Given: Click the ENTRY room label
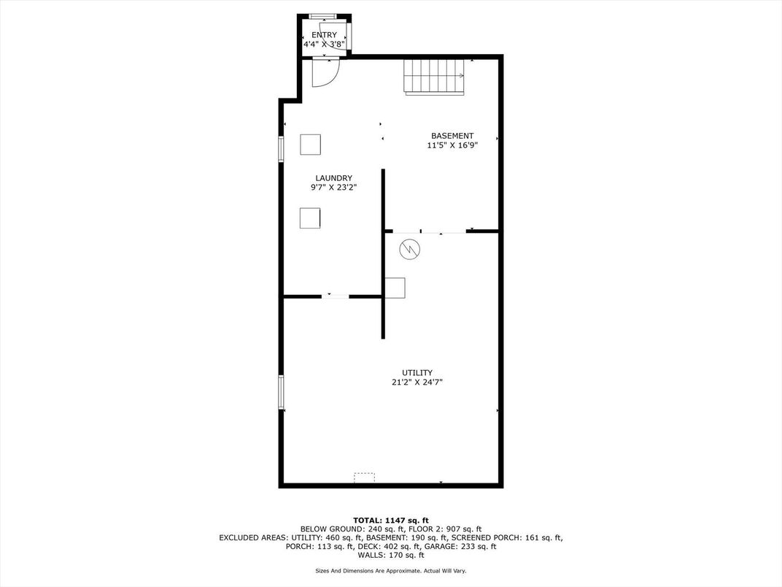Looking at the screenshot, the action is click(x=324, y=35).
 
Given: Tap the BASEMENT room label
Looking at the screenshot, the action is click(x=452, y=136).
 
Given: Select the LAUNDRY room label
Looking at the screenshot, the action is click(x=333, y=178).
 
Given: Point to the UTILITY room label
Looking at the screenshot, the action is click(x=417, y=373).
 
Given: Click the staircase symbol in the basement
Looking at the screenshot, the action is click(x=434, y=77).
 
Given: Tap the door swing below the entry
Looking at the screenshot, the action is click(x=325, y=73).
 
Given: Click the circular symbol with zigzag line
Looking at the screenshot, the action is click(x=409, y=248).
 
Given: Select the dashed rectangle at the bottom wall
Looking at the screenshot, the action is click(x=364, y=477).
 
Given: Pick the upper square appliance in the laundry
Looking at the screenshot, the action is click(x=310, y=145).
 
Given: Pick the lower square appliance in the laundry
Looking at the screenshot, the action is click(x=310, y=218).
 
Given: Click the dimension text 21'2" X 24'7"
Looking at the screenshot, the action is click(x=417, y=383).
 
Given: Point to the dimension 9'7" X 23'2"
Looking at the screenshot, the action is click(x=333, y=188).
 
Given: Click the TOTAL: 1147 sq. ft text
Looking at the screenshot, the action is click(x=391, y=520).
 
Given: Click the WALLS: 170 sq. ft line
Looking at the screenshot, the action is click(x=391, y=555).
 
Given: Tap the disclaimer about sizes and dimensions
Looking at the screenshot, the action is click(x=391, y=570).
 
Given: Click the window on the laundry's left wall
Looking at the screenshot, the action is click(x=282, y=149).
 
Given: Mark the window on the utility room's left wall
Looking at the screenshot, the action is click(x=282, y=392).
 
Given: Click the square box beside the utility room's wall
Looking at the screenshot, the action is click(x=395, y=288).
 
